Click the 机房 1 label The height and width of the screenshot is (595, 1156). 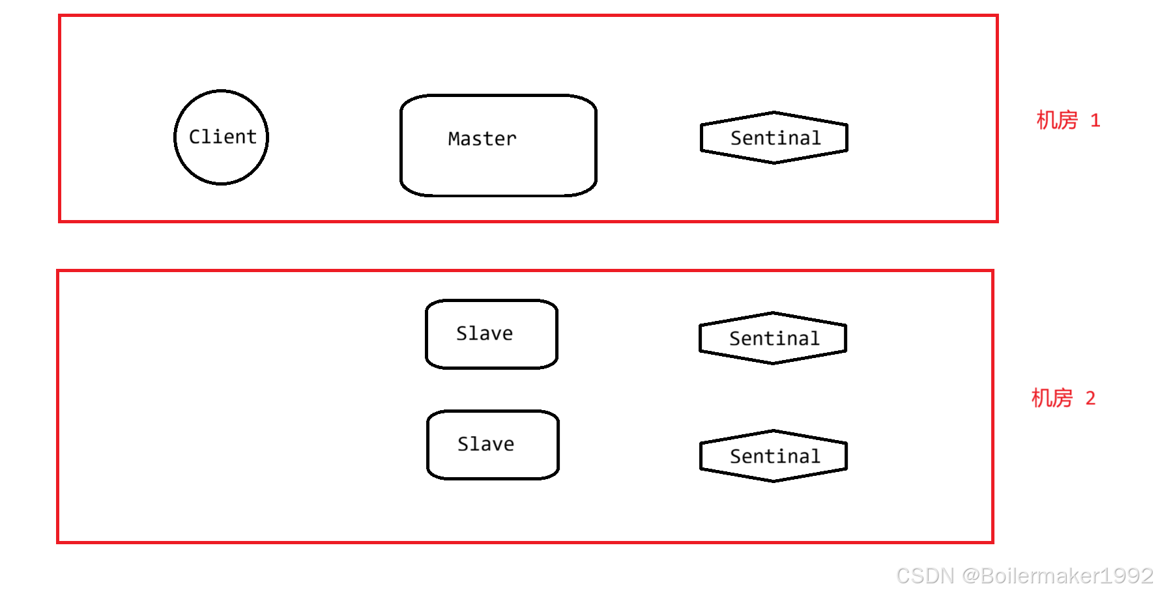click(1067, 120)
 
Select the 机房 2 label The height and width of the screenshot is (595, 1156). click(1063, 398)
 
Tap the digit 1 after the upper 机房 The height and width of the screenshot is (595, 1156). click(1095, 120)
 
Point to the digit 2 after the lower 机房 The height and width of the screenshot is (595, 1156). click(1090, 398)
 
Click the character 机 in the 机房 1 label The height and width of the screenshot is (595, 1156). click(1046, 120)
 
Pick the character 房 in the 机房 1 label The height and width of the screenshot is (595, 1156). click(1067, 120)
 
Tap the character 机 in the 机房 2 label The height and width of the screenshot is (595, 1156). click(1041, 398)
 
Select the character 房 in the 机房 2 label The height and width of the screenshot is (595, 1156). click(1063, 398)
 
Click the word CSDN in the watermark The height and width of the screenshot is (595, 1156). click(923, 575)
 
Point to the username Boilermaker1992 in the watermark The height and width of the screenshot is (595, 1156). click(1066, 575)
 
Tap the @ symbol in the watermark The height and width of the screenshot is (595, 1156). click(969, 575)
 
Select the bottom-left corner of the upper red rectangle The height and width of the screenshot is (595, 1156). click(60, 221)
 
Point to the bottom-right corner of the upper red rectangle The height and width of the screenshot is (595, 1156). click(997, 221)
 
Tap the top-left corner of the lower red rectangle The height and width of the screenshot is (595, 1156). click(58, 271)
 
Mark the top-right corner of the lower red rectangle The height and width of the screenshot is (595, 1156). click(993, 271)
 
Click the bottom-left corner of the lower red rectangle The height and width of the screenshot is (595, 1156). click(58, 542)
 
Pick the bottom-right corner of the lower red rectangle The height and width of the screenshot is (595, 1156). click(993, 542)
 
